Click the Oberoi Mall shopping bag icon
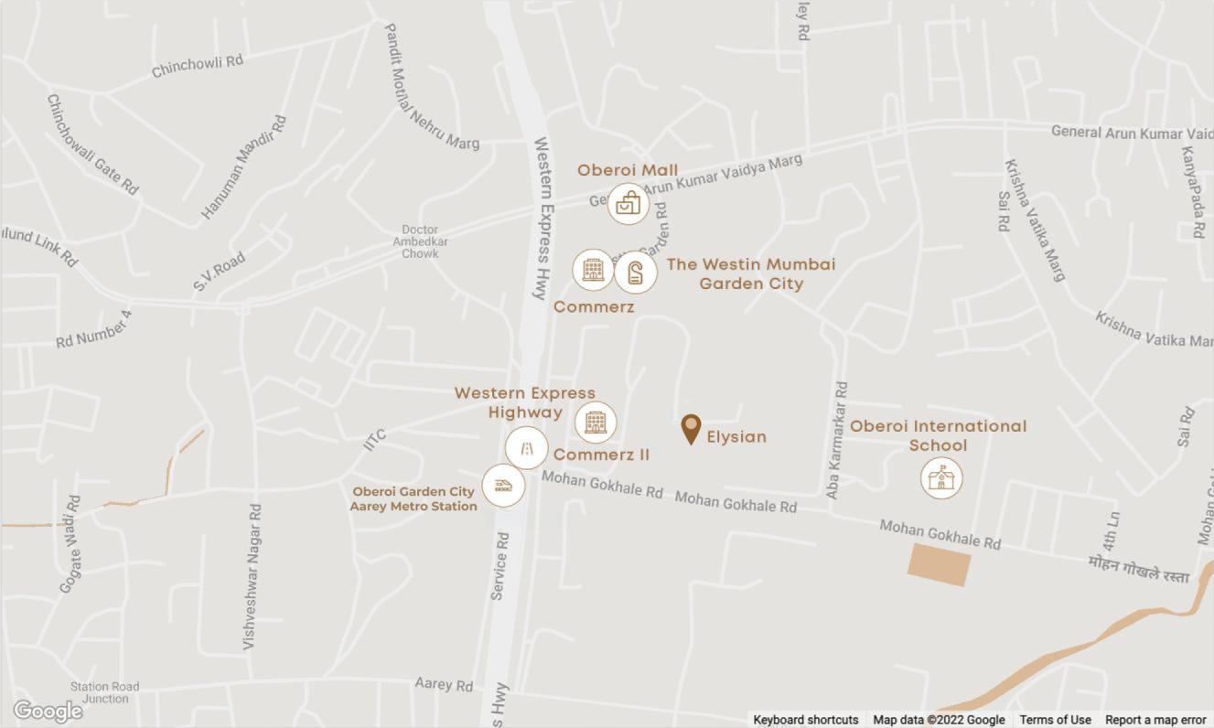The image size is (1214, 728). pos(628,204)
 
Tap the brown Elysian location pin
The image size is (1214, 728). pos(691,429)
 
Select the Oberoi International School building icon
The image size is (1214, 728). pos(940,476)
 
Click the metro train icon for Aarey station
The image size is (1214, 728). pos(503,485)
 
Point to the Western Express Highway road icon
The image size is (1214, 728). pos(527,448)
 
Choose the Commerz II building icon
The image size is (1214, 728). pos(596,422)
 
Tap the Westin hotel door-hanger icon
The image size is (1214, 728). pos(636,272)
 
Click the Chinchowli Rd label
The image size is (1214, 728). pos(198,65)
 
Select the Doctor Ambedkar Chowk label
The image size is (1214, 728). pos(421,241)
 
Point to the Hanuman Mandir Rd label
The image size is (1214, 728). pos(243,166)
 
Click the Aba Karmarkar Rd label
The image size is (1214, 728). pos(836,440)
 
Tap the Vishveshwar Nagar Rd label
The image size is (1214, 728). pos(252,575)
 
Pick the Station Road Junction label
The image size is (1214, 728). pos(105,692)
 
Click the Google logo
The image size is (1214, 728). pos(48,711)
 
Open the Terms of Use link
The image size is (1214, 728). pos(1055,720)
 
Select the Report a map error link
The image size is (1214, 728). pos(1155,720)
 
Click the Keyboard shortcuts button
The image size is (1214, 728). pos(806,720)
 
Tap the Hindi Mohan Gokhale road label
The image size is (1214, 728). pos(1139,569)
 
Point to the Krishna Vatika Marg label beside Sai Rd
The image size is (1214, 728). pos(1035,220)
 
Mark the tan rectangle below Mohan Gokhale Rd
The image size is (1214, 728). pos(939,564)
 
